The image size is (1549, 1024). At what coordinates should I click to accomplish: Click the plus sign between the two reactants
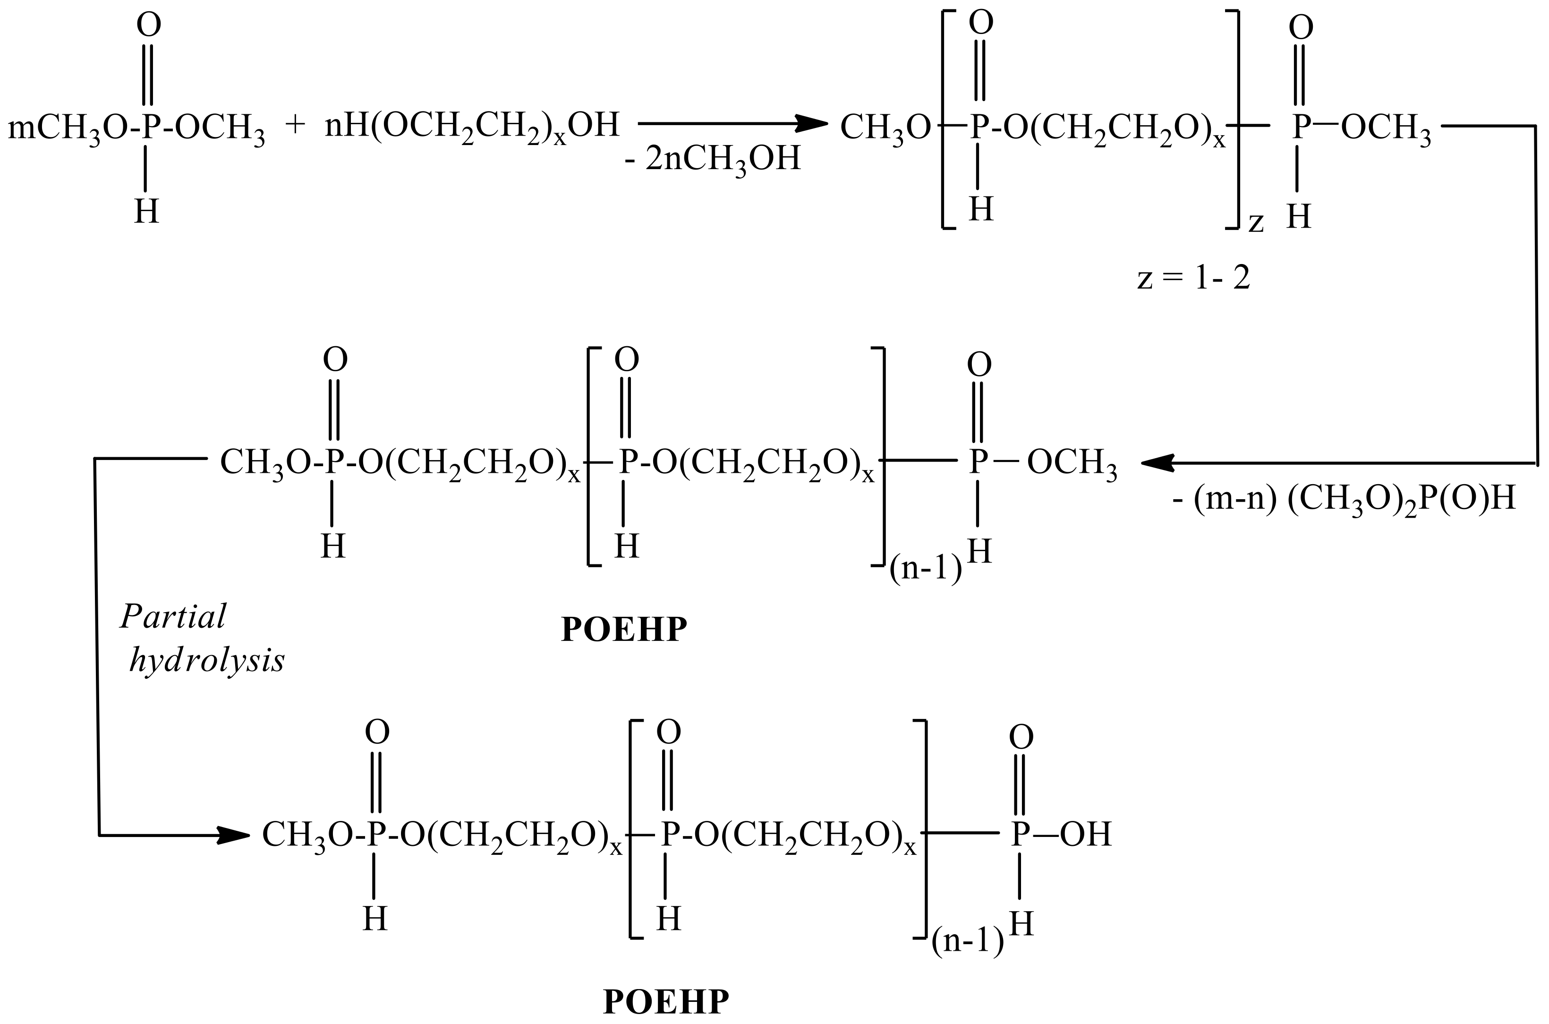295,125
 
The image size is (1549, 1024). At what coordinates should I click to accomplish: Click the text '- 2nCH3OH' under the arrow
712,159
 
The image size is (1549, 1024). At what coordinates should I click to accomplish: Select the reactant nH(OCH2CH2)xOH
471,125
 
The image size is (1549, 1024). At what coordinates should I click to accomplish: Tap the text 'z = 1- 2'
1193,279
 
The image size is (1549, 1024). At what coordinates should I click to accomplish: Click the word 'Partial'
173,616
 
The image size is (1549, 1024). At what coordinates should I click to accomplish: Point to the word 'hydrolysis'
207,661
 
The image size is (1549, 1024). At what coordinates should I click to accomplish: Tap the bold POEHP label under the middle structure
624,630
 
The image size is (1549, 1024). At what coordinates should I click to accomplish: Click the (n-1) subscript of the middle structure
926,570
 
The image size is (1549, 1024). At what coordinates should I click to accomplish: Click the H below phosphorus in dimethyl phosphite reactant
146,212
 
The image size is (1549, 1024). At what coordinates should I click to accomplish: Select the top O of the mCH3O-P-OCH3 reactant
148,26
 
